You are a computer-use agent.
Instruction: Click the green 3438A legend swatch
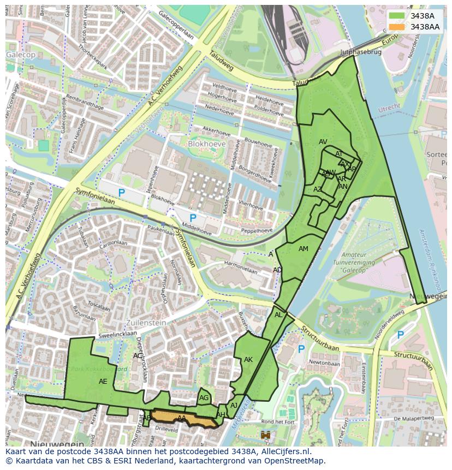pos(397,16)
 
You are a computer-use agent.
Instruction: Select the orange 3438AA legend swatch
pos(397,27)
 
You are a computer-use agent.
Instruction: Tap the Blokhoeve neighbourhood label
pos(207,143)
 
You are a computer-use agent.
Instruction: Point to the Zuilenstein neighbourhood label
pos(145,323)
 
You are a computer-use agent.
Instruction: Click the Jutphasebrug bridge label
pos(359,53)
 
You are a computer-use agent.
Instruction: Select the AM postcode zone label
pos(304,249)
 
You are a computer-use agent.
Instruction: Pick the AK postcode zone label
pos(248,360)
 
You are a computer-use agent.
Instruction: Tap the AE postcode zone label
pos(103,382)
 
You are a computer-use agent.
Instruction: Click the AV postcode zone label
pos(323,142)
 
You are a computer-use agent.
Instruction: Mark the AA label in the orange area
pos(181,418)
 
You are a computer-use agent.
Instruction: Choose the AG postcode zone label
pos(204,398)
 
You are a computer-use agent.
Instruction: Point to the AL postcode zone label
pos(278,315)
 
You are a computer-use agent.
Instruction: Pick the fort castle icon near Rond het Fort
pos(266,435)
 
